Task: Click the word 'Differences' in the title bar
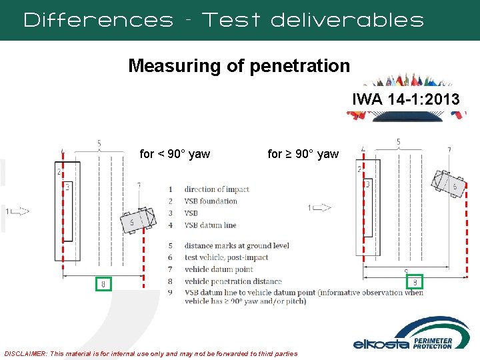[x=98, y=19]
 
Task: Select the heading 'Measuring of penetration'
[x=239, y=66]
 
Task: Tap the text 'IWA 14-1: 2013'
[x=405, y=100]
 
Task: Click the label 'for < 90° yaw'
[x=175, y=154]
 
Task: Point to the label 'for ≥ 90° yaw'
[x=303, y=154]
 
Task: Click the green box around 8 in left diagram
[x=103, y=285]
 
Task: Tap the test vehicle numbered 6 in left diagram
[x=138, y=221]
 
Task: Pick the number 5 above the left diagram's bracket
[x=99, y=143]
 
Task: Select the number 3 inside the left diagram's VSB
[x=67, y=187]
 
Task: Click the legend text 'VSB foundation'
[x=211, y=201]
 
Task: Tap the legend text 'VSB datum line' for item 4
[x=210, y=225]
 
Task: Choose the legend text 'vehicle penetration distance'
[x=233, y=281]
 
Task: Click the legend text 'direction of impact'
[x=217, y=189]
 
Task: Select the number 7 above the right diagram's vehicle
[x=449, y=149]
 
